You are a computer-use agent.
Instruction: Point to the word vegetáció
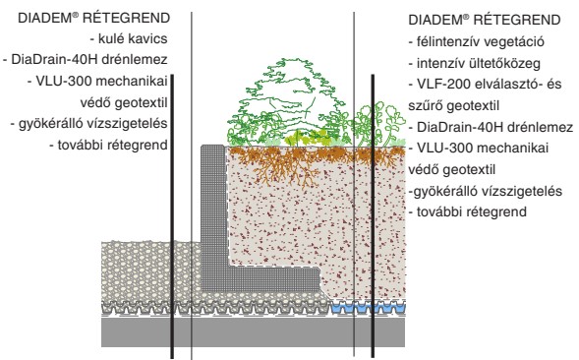518,44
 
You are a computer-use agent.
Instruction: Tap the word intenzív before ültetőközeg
439,65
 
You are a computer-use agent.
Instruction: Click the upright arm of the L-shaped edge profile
213,207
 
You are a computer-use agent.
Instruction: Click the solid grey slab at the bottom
246,334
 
